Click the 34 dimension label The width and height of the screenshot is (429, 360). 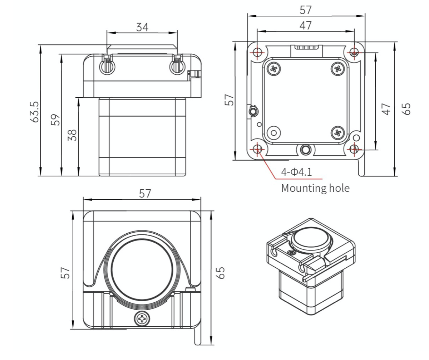click(142, 27)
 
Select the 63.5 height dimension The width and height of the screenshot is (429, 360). click(34, 112)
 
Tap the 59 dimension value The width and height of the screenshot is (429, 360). click(55, 120)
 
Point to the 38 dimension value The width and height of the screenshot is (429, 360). click(72, 135)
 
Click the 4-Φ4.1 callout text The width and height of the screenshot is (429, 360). click(296, 172)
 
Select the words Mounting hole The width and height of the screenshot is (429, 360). click(315, 188)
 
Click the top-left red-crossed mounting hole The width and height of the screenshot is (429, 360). click(257, 52)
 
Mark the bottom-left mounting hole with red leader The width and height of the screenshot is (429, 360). click(257, 149)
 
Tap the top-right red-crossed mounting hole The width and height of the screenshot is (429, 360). click(354, 52)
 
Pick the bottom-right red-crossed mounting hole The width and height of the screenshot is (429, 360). click(354, 149)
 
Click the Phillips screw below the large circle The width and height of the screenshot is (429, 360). click(142, 318)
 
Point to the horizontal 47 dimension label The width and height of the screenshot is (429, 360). click(306, 26)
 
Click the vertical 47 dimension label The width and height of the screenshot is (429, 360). click(386, 109)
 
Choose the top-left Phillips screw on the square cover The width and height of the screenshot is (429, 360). click(274, 69)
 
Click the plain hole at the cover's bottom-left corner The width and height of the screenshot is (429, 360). click(274, 133)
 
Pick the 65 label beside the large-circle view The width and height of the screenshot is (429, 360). click(220, 273)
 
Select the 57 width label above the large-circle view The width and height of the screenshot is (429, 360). click(145, 193)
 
